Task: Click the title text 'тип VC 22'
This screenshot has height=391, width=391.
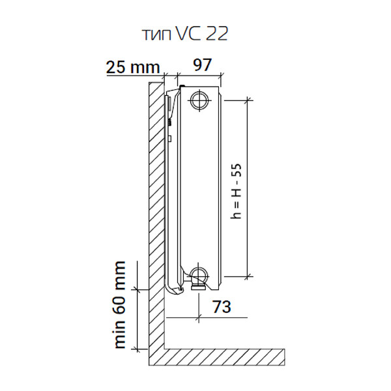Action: (x=185, y=34)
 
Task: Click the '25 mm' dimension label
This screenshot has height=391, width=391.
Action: (x=133, y=67)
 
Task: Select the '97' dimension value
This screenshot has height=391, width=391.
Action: (x=202, y=65)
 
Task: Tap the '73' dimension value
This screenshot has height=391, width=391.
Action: (x=222, y=306)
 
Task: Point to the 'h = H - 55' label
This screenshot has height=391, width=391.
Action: (x=236, y=191)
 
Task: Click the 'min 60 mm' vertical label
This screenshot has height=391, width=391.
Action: (x=119, y=304)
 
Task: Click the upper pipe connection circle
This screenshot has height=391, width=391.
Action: (x=199, y=100)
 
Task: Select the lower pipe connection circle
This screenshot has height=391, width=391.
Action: (x=199, y=275)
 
